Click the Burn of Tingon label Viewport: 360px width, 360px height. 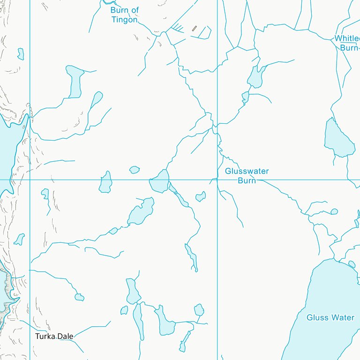[x=125, y=15]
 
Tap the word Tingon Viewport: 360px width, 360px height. [x=124, y=20]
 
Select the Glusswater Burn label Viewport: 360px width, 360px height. [x=247, y=175]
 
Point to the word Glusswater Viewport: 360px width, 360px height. [x=247, y=171]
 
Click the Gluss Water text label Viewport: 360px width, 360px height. [x=330, y=318]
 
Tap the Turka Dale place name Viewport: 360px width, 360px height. [x=54, y=336]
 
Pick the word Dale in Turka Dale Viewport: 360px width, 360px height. [x=65, y=336]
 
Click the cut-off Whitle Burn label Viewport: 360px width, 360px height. [x=347, y=43]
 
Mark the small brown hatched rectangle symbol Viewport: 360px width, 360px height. [x=194, y=29]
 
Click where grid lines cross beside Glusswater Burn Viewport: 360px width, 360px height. [x=217, y=179]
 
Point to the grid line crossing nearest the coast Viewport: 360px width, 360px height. [x=30, y=179]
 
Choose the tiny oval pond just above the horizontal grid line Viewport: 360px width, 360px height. [x=135, y=170]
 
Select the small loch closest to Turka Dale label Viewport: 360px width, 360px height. [x=79, y=297]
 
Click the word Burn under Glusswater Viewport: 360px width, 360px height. [x=247, y=180]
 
